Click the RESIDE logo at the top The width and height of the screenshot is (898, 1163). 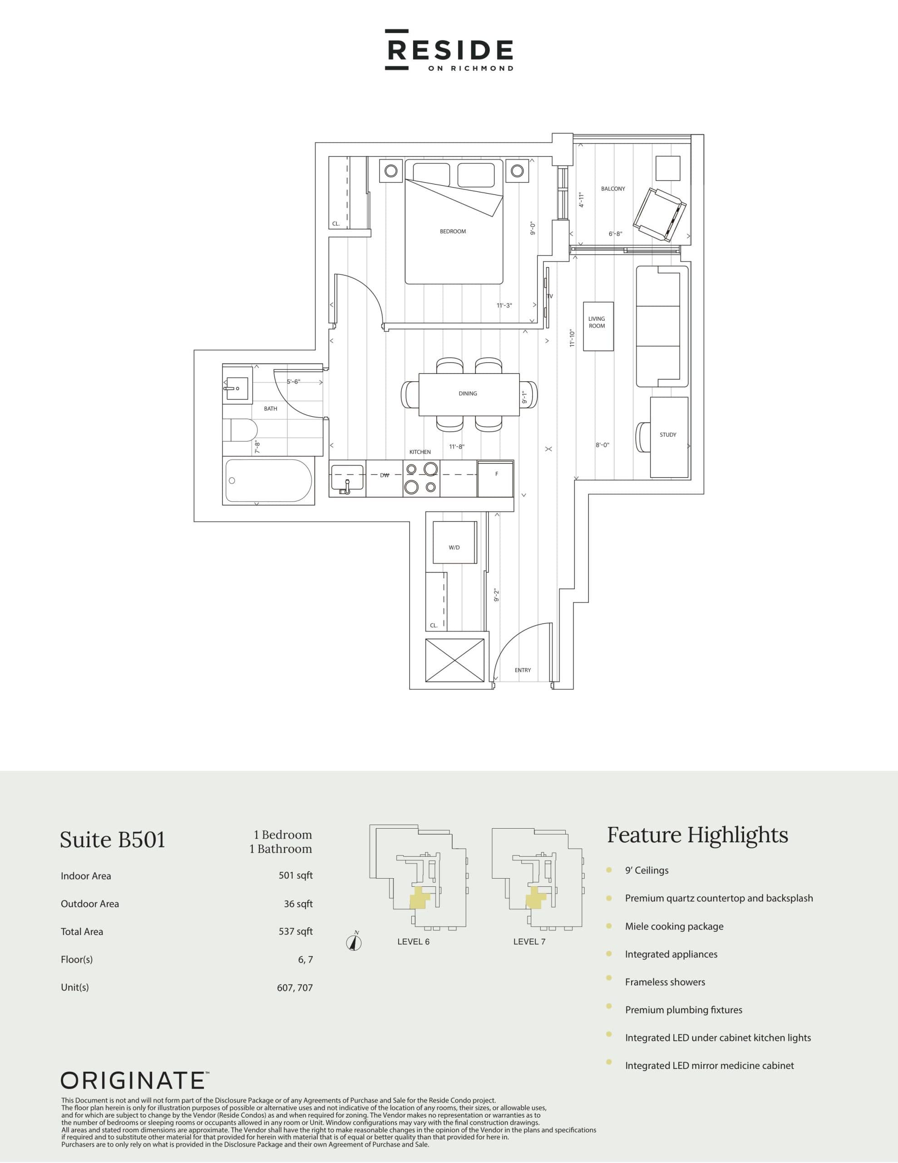coord(449,50)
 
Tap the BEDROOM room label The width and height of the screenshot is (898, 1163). coord(453,232)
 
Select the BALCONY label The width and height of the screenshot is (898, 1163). coord(613,189)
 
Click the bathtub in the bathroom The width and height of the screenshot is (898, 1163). coord(268,480)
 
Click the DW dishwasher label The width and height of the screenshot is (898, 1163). coord(385,476)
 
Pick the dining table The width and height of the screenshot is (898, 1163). coord(469,394)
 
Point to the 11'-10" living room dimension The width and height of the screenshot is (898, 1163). coord(572,338)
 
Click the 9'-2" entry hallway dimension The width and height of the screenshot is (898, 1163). coord(496,595)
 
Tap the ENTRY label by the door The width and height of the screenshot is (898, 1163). coord(522,671)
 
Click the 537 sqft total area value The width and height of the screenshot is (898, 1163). coord(296,931)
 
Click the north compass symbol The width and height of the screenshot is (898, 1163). coord(354,942)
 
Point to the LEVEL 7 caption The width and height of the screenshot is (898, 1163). coord(529,941)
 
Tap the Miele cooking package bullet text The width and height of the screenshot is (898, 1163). coord(674,926)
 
